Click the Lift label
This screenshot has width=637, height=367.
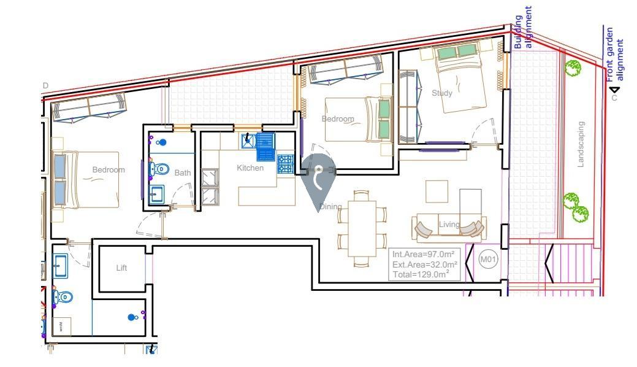coord(121,268)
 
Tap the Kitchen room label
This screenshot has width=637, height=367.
coord(250,168)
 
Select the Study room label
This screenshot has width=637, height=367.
coord(442,93)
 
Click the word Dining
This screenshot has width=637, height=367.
coord(330,207)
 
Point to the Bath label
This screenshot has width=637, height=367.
coord(183,173)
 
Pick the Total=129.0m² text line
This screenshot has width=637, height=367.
coord(422,274)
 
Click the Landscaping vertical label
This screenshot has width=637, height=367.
coord(581,144)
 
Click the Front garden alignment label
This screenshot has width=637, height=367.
coord(614,54)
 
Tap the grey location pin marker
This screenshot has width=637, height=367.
coord(318,177)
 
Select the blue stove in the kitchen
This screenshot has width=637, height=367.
coord(285,164)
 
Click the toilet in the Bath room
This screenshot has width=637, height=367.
coord(161,168)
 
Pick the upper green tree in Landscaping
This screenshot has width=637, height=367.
coord(573,68)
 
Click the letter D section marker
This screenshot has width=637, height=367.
coord(45,86)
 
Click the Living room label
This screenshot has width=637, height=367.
coord(449,225)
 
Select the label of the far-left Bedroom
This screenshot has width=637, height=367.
coord(109,170)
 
